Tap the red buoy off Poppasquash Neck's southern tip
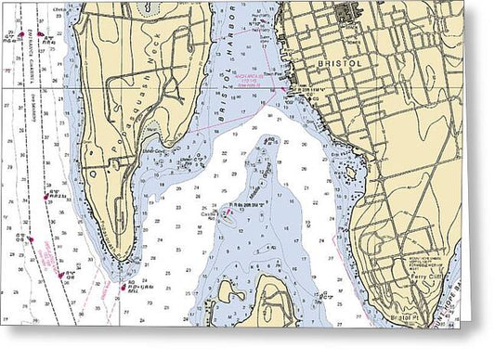tap(123, 287)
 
